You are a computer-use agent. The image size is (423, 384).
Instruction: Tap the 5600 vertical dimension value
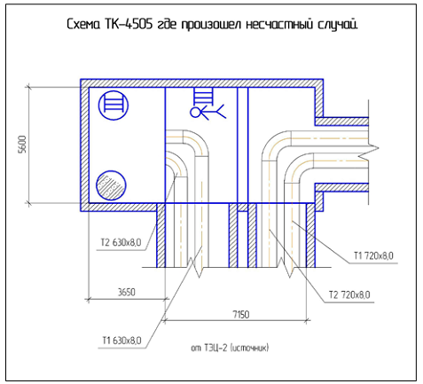pos(22,144)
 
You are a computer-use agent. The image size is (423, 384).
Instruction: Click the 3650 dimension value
pos(127,293)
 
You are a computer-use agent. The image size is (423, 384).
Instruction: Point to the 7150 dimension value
pos(240,315)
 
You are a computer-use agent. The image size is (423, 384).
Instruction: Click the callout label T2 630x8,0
pos(121,243)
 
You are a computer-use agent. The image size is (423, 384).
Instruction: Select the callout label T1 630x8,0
pos(121,341)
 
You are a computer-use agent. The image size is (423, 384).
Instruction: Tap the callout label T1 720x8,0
pos(373,255)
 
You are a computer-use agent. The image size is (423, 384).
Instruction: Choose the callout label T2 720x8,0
pos(349,295)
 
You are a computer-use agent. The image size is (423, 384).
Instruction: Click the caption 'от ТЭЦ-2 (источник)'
pos(230,348)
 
